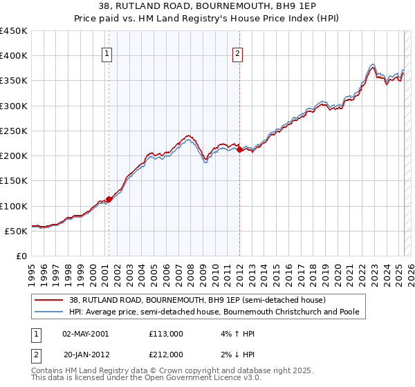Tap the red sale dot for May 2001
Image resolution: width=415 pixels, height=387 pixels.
[x=109, y=199]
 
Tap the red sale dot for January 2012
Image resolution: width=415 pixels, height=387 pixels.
[x=239, y=149]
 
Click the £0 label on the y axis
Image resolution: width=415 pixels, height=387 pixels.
[x=22, y=256]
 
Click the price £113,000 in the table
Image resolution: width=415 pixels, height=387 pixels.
[x=166, y=334]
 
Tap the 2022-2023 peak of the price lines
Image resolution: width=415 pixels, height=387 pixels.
[x=372, y=66]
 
